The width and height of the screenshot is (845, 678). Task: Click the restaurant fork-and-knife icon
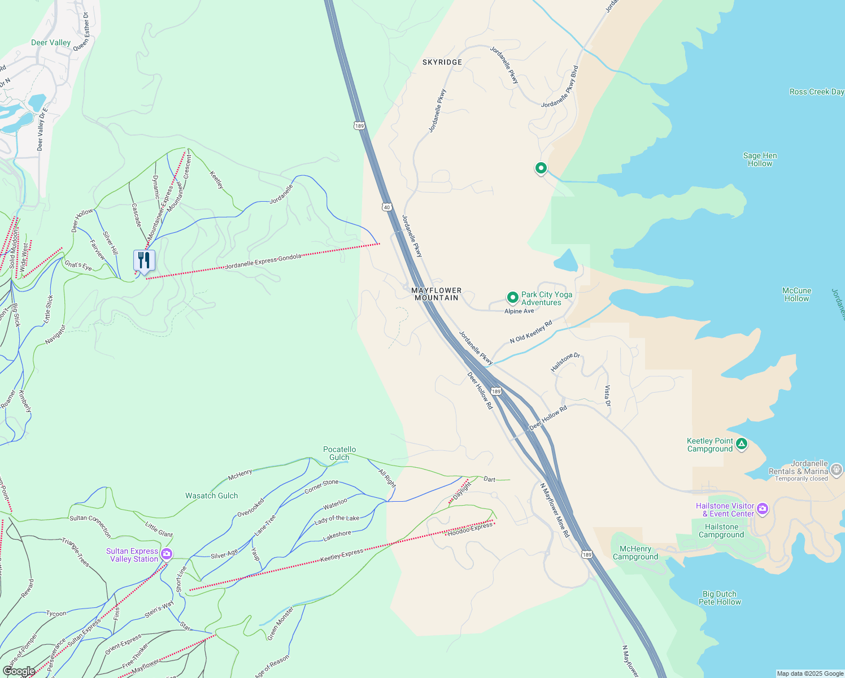coord(144,260)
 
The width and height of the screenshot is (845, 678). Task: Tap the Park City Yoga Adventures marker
coord(512,297)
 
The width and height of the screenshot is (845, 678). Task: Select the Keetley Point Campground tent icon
coord(742,444)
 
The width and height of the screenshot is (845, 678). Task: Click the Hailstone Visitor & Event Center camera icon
coord(763,509)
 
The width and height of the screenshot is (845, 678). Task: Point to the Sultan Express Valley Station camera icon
coord(166,554)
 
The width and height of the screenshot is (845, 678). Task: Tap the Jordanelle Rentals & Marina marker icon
coord(837,470)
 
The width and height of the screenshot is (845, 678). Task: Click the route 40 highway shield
coord(387,207)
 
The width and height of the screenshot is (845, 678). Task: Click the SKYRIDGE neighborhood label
coord(442,62)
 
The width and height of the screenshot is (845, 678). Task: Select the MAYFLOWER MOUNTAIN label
coord(437,294)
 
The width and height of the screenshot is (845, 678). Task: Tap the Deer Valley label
coord(51,43)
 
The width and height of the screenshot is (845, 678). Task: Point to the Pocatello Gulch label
coord(339,453)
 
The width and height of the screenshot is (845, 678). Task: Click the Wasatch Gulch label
coord(212,496)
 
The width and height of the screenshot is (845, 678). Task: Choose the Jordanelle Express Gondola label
coord(263,262)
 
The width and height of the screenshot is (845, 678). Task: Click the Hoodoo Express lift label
coord(470,529)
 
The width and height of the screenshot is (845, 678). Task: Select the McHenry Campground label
coord(635,553)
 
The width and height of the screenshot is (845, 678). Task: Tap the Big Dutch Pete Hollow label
coord(720,598)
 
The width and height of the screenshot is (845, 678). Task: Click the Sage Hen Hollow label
coord(760,159)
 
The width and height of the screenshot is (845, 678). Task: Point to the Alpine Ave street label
coord(519,311)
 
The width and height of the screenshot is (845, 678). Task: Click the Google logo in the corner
coord(19,671)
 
